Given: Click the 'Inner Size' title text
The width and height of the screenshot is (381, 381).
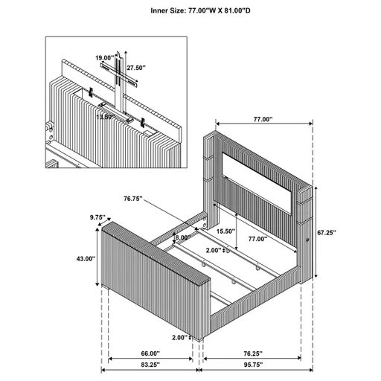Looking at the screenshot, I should [190, 10].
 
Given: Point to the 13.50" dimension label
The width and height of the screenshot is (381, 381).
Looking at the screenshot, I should [104, 116].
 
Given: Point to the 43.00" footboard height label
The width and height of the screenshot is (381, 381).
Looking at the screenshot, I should [85, 259].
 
